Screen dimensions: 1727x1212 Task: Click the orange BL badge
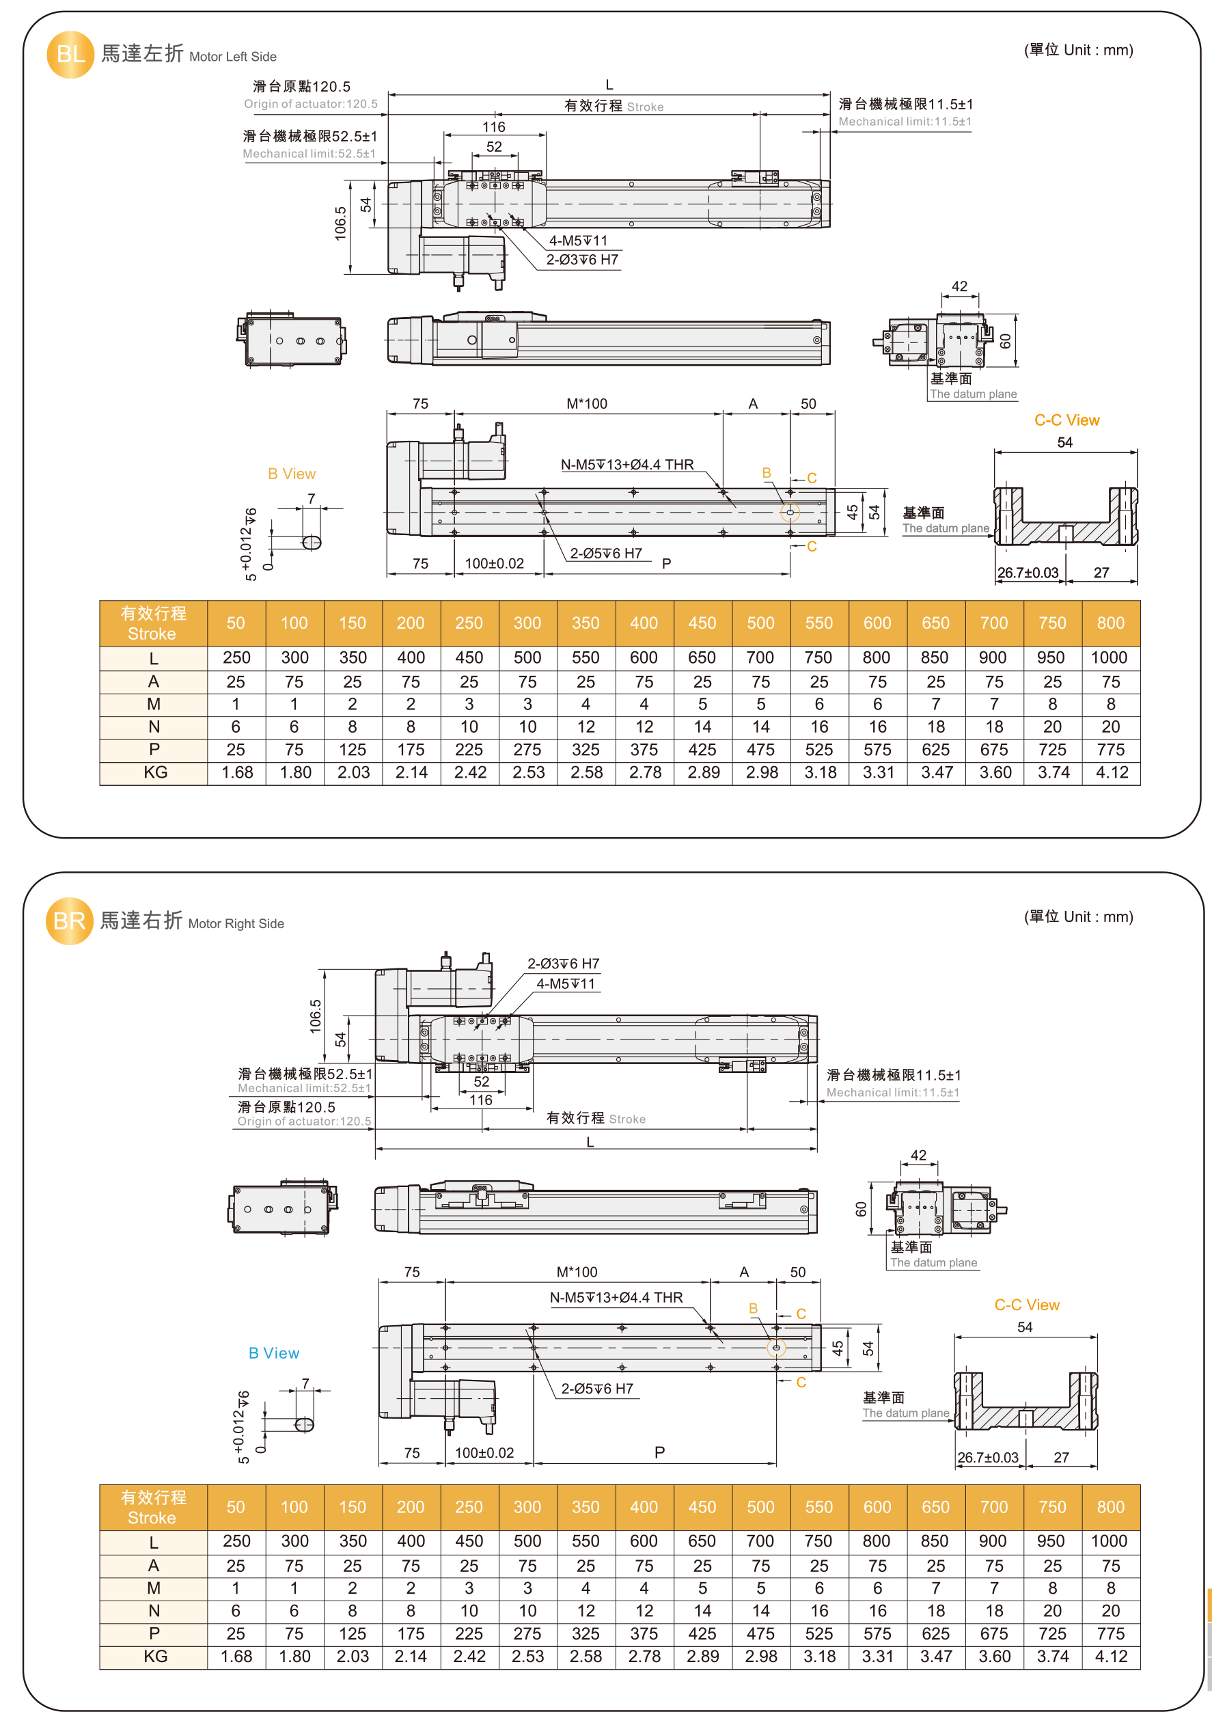pyautogui.click(x=70, y=54)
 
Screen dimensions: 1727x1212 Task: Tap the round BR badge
pyautogui.click(x=69, y=921)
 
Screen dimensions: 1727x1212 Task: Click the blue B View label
pyautogui.click(x=274, y=1353)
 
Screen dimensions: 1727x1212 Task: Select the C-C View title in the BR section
pyautogui.click(x=1026, y=1305)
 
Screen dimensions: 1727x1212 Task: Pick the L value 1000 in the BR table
pyautogui.click(x=1109, y=1541)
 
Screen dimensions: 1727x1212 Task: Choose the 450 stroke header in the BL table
pyautogui.click(x=702, y=623)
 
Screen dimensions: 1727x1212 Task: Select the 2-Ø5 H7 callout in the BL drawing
pyautogui.click(x=605, y=554)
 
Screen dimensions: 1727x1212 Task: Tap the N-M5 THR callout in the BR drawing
pyautogui.click(x=616, y=1298)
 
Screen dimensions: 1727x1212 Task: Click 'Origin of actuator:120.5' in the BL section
pyautogui.click(x=311, y=104)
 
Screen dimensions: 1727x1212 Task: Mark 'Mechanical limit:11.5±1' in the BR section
pyautogui.click(x=892, y=1092)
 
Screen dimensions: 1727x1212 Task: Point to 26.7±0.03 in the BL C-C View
pyautogui.click(x=1027, y=573)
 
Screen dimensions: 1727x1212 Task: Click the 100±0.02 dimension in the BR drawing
pyautogui.click(x=484, y=1452)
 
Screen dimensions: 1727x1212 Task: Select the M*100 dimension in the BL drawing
pyautogui.click(x=586, y=404)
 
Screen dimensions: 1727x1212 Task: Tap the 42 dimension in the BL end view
pyautogui.click(x=959, y=286)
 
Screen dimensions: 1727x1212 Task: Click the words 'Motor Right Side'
pyautogui.click(x=236, y=924)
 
